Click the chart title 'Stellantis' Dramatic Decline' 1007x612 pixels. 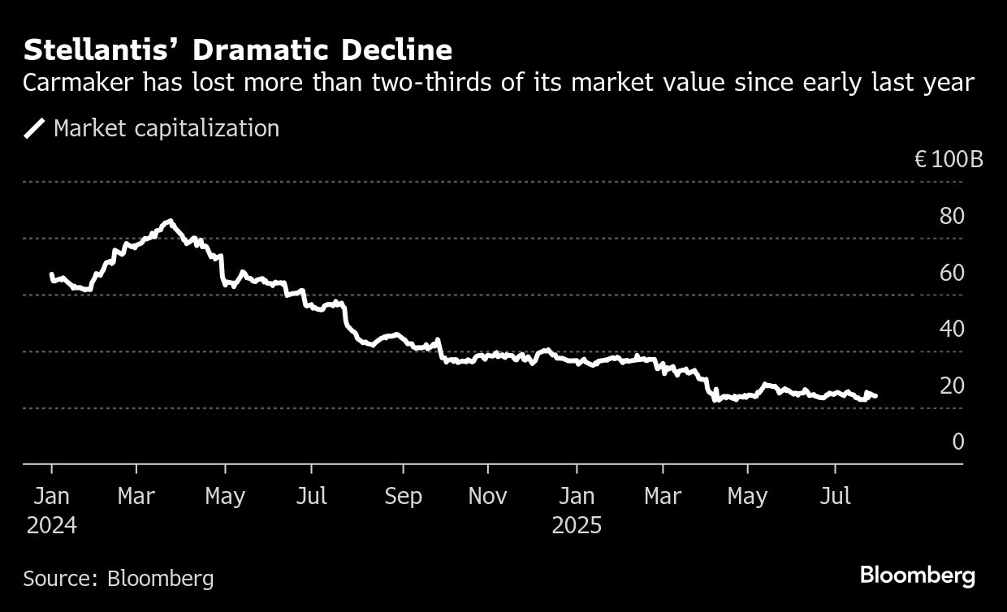(x=237, y=50)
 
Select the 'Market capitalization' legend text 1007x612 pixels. (x=166, y=128)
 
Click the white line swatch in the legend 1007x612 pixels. (x=34, y=128)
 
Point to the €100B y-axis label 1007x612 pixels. (x=948, y=159)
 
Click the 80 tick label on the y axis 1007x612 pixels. (x=952, y=217)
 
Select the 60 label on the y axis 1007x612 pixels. (x=952, y=273)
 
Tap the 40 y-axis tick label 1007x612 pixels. (x=952, y=330)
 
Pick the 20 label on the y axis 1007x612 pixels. (x=952, y=386)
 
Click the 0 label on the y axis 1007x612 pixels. (x=958, y=442)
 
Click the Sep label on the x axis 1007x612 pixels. (x=403, y=497)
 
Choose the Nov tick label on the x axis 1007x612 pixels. (x=488, y=497)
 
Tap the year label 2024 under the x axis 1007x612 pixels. (x=52, y=526)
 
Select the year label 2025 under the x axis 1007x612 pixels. (x=577, y=526)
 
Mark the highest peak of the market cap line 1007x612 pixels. (x=169, y=221)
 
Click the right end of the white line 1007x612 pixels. (x=875, y=396)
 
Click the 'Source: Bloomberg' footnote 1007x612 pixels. (x=119, y=579)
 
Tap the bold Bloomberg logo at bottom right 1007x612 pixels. (x=917, y=576)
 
